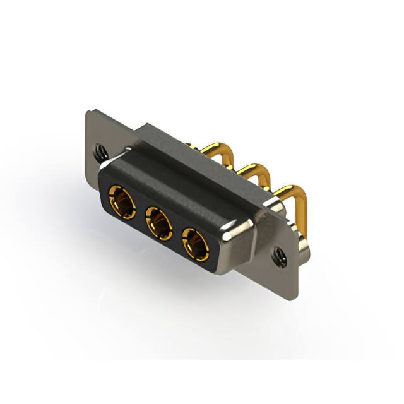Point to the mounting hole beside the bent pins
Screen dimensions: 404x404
click(278, 255)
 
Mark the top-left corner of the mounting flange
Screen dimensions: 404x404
click(89, 112)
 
